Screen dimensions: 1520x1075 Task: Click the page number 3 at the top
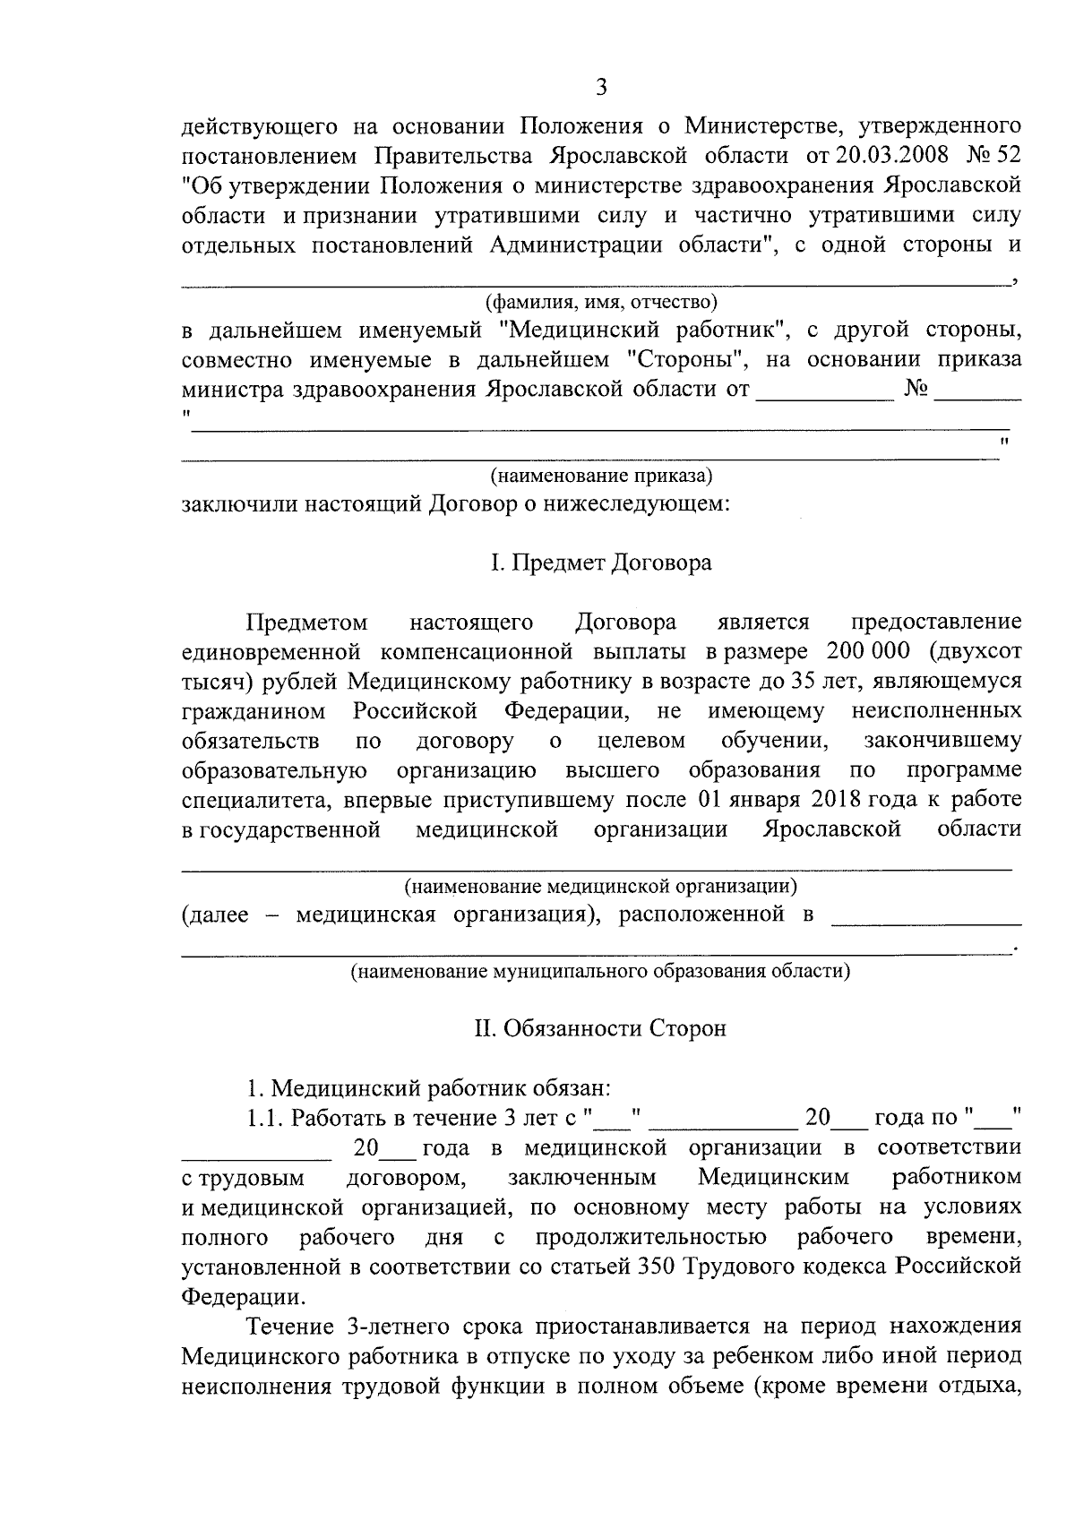click(601, 87)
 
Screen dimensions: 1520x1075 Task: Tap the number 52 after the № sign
click(1007, 155)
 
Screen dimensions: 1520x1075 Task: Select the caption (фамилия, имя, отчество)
click(600, 301)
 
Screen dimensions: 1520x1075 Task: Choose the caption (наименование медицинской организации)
click(600, 887)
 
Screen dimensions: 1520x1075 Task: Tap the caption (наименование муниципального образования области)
click(600, 971)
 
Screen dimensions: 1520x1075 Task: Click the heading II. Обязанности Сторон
click(600, 1028)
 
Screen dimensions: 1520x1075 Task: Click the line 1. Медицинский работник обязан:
click(429, 1088)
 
